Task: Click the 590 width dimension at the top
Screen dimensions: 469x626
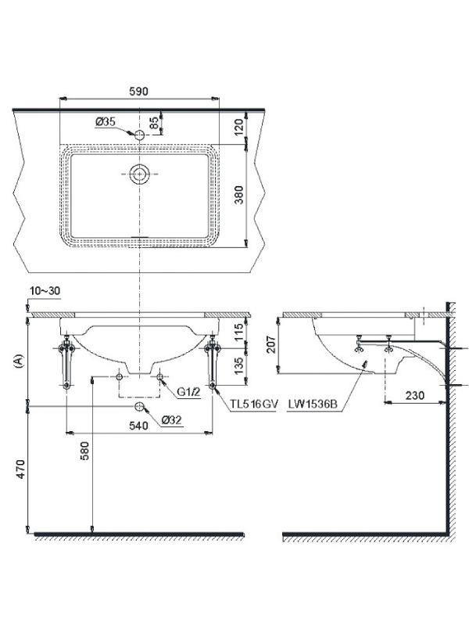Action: pyautogui.click(x=138, y=92)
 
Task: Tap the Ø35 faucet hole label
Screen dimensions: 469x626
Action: pyautogui.click(x=106, y=122)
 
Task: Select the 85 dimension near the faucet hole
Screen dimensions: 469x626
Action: pyautogui.click(x=154, y=123)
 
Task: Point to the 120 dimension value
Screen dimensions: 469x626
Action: pyautogui.click(x=238, y=127)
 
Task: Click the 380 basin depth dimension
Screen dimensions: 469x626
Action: pyautogui.click(x=238, y=194)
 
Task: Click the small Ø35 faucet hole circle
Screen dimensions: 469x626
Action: pyautogui.click(x=139, y=135)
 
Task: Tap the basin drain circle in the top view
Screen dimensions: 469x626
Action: pyautogui.click(x=139, y=174)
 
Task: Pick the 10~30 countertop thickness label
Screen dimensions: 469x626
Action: pyautogui.click(x=45, y=290)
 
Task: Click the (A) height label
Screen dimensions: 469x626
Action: pyautogui.click(x=18, y=361)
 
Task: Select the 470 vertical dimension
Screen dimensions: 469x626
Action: pyautogui.click(x=20, y=469)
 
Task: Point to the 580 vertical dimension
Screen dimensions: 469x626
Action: pyautogui.click(x=84, y=452)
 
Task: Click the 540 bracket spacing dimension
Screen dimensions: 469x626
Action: pyautogui.click(x=138, y=426)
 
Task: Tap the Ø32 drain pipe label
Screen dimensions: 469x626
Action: pyautogui.click(x=172, y=420)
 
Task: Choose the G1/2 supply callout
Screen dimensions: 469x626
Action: pyautogui.click(x=188, y=393)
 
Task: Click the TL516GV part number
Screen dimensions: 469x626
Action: pyautogui.click(x=253, y=404)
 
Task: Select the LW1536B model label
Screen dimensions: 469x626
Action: pyautogui.click(x=313, y=404)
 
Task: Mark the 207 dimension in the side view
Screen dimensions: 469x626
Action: pyautogui.click(x=271, y=344)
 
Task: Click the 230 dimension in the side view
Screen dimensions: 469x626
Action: pyautogui.click(x=415, y=395)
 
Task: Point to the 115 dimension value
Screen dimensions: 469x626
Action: pyautogui.click(x=238, y=331)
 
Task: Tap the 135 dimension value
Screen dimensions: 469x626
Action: pyautogui.click(x=238, y=365)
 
